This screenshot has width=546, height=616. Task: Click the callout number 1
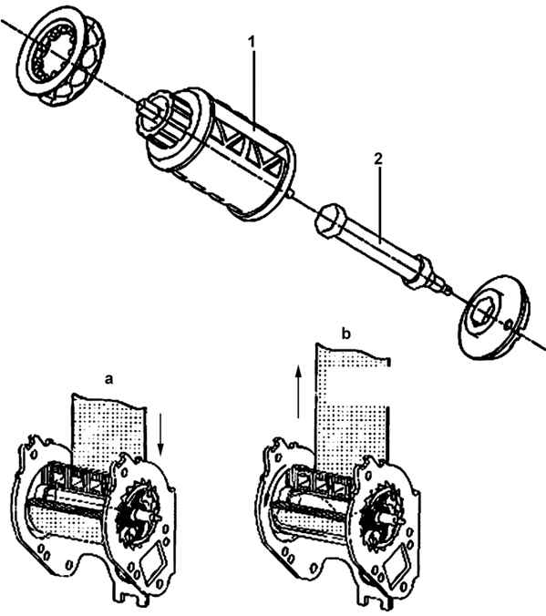click(252, 41)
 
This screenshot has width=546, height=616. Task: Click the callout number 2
click(377, 159)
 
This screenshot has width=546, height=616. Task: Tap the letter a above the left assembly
click(108, 379)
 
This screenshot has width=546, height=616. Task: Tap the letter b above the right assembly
click(345, 334)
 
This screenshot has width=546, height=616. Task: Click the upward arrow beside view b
click(299, 391)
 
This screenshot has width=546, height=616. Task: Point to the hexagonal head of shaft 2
click(331, 220)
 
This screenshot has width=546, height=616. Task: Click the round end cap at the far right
click(495, 317)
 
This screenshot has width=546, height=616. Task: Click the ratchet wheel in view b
click(380, 513)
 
